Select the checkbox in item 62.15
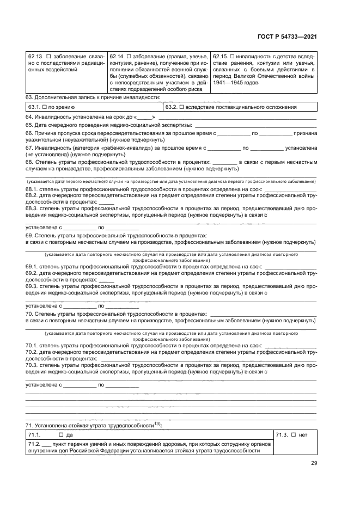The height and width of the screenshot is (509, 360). (233, 56)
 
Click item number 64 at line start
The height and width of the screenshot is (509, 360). (29, 118)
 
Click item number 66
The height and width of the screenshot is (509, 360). (29, 133)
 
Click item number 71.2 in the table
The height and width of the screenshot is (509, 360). (34, 444)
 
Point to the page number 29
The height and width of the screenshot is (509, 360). (314, 463)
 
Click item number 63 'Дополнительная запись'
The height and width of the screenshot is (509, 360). (29, 97)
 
